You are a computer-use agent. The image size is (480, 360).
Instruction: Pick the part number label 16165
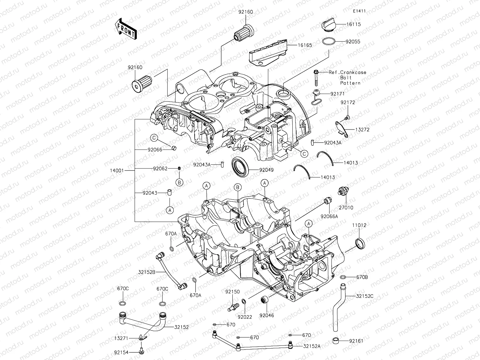(304, 45)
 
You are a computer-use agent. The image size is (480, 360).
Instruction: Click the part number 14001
(117, 170)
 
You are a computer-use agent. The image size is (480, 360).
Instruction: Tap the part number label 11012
(359, 225)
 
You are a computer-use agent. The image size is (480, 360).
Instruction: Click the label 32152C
(364, 296)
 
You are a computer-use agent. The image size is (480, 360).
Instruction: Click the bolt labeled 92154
(140, 350)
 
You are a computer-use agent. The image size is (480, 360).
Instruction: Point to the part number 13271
(121, 338)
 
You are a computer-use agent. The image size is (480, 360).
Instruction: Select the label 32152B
(147, 272)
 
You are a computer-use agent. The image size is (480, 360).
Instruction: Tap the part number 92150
(233, 292)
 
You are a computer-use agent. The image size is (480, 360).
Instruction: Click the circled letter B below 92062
(179, 182)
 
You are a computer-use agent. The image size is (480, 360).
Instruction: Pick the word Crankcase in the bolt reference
(353, 72)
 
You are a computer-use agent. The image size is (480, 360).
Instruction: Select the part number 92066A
(329, 216)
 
